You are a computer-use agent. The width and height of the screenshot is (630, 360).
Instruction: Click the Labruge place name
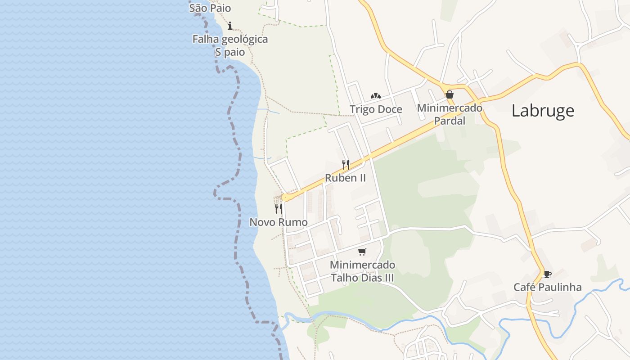543,111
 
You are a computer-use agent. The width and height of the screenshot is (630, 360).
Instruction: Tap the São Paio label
210,8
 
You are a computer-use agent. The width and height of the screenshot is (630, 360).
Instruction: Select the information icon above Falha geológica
230,26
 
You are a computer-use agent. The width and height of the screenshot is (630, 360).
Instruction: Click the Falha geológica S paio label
230,45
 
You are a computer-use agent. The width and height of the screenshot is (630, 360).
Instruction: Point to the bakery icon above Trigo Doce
376,95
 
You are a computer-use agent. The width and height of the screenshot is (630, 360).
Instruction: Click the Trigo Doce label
376,109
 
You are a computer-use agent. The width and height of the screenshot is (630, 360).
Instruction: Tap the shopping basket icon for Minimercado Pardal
449,94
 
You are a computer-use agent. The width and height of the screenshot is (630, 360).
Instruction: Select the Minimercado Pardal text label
449,114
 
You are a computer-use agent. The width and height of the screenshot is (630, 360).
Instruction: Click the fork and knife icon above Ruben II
345,164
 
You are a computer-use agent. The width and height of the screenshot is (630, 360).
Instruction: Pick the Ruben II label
345,178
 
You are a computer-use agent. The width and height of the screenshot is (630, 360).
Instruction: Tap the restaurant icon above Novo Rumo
279,208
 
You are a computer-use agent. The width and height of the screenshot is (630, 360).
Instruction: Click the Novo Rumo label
279,222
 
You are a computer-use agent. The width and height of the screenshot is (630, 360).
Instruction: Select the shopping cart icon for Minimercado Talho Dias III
362,252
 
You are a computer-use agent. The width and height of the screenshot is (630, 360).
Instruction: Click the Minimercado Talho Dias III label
362,271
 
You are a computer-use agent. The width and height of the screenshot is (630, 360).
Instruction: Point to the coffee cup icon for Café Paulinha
547,274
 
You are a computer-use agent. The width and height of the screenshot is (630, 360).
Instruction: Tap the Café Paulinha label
547,287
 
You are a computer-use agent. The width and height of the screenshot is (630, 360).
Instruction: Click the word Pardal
449,121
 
